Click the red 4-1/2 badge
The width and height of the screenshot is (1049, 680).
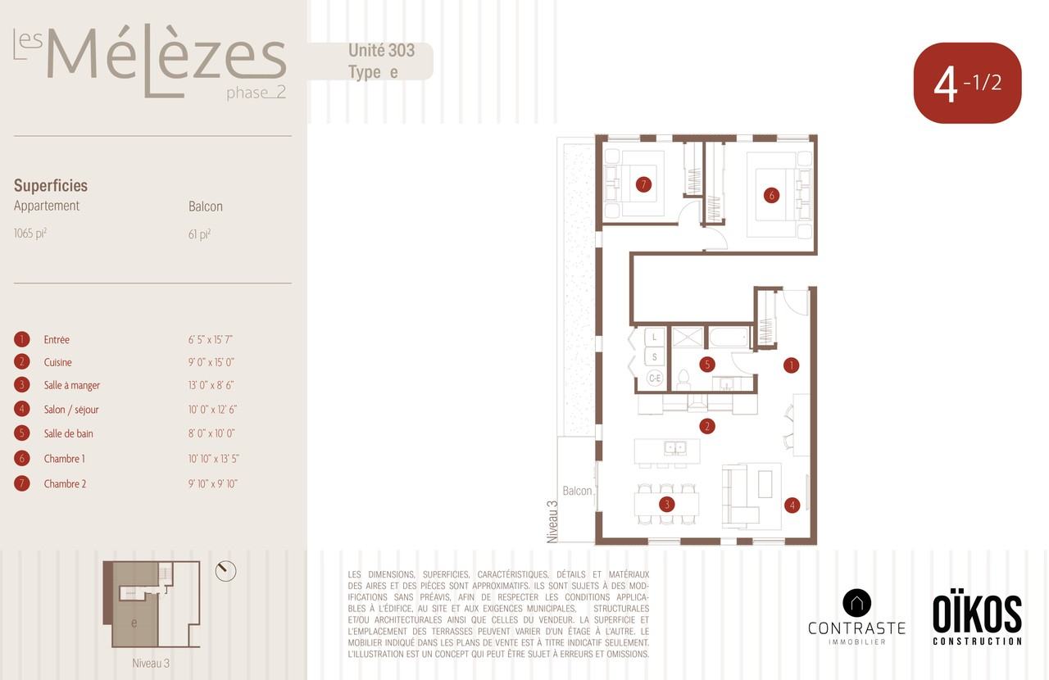point(968,83)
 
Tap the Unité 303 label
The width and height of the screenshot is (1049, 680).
point(381,51)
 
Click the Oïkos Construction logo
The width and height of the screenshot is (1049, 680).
point(977,620)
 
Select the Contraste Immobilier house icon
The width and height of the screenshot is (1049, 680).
point(856,603)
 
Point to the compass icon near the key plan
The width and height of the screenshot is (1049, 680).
point(225,571)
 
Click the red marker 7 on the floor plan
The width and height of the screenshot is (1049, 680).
point(643,184)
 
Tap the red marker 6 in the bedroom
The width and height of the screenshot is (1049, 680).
point(771,195)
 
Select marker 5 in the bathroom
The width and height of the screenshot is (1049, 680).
point(707,365)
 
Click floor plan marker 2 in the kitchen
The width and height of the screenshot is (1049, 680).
point(707,426)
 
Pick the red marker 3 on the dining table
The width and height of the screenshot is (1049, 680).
point(667,505)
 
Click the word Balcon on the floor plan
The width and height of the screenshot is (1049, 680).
point(577,491)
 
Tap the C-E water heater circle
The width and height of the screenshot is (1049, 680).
point(655,378)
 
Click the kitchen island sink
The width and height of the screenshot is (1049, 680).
point(674,448)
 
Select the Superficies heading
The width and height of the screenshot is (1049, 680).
point(51,186)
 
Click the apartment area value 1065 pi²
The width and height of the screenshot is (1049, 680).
point(30,233)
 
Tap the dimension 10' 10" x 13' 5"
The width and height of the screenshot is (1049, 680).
point(214,459)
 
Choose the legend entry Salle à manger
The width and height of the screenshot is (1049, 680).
point(71,385)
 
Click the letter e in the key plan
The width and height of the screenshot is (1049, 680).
point(134,623)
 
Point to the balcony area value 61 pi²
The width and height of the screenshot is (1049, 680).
point(199,234)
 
